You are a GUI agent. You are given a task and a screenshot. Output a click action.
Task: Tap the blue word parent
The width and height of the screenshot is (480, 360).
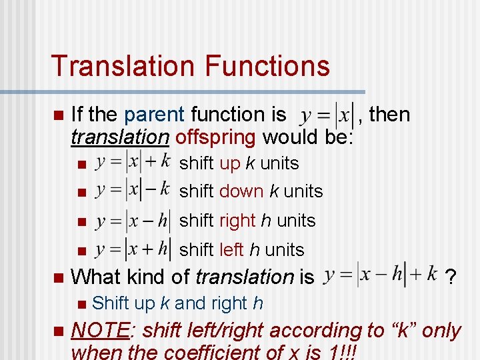(x=154, y=115)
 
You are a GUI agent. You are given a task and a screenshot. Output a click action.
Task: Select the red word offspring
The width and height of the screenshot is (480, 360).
(x=216, y=137)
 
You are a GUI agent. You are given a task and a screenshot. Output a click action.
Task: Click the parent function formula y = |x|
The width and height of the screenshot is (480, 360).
(x=326, y=117)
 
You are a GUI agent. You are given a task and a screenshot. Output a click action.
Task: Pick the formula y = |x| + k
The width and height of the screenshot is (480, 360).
(x=133, y=162)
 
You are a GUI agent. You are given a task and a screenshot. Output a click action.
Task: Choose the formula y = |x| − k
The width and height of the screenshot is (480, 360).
(x=133, y=191)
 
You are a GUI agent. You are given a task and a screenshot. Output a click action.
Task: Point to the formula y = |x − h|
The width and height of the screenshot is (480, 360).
(x=133, y=220)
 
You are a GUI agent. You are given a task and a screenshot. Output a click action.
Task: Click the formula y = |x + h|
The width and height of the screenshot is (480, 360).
(x=133, y=249)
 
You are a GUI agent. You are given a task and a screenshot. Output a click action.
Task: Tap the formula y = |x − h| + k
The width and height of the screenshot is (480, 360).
(x=379, y=275)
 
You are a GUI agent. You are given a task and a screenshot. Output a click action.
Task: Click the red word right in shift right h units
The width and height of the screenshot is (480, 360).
(x=237, y=221)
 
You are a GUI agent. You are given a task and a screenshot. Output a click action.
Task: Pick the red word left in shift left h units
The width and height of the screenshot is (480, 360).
(x=231, y=250)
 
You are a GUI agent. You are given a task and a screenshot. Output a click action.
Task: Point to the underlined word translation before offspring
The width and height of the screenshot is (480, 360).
(x=120, y=137)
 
